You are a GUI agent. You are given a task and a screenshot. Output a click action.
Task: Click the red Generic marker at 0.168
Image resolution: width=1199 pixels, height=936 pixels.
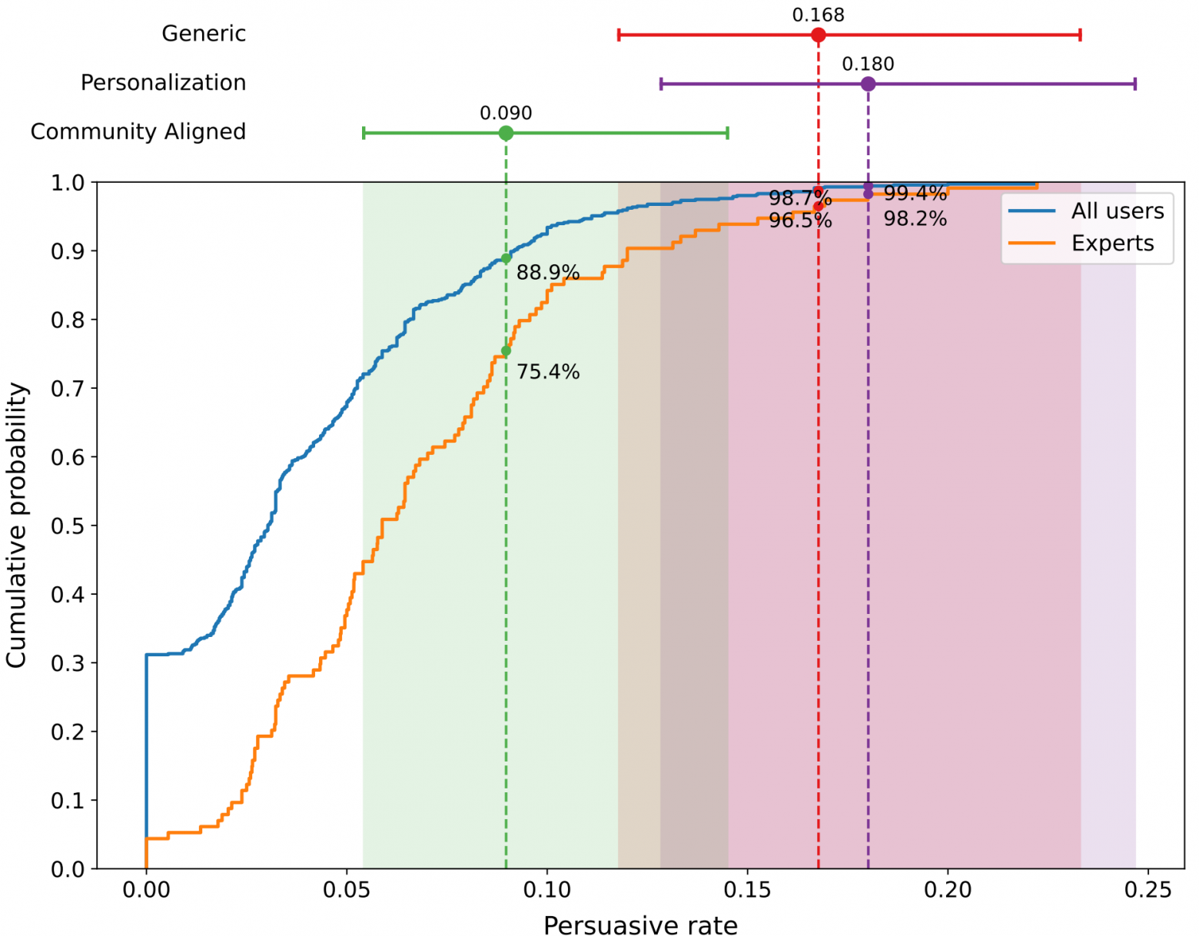click(818, 35)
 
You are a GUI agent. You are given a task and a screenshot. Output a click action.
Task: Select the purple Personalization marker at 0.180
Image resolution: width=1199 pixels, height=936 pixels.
click(868, 84)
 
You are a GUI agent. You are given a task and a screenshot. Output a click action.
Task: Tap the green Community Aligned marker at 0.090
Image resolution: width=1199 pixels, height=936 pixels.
click(506, 133)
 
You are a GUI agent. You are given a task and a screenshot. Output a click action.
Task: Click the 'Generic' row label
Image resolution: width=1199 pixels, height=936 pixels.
click(204, 34)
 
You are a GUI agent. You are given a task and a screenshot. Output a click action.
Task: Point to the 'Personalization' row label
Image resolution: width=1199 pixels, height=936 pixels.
click(163, 83)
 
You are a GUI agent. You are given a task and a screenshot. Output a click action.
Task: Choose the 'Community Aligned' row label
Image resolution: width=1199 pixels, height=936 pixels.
click(138, 132)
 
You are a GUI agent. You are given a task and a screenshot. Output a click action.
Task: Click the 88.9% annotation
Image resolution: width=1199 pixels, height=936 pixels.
click(548, 273)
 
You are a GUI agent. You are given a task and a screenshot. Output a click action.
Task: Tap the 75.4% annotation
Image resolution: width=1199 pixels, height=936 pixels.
click(548, 372)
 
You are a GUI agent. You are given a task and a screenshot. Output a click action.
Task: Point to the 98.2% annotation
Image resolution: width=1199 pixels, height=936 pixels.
click(915, 219)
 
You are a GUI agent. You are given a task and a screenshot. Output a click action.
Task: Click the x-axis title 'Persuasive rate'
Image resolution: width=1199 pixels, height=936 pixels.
click(640, 926)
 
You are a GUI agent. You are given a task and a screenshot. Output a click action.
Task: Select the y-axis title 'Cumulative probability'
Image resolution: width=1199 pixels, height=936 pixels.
click(17, 526)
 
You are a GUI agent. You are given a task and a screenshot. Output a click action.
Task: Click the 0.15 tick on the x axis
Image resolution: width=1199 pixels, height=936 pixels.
click(747, 891)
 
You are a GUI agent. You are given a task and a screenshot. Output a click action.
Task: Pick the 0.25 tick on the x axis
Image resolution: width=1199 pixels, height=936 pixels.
click(1148, 891)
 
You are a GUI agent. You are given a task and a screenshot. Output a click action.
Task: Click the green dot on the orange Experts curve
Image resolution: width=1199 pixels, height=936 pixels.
click(506, 351)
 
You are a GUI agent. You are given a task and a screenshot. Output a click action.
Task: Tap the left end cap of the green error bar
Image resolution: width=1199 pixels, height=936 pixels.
click(364, 133)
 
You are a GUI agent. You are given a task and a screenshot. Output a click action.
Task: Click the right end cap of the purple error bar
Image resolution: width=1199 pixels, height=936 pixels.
click(1134, 84)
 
